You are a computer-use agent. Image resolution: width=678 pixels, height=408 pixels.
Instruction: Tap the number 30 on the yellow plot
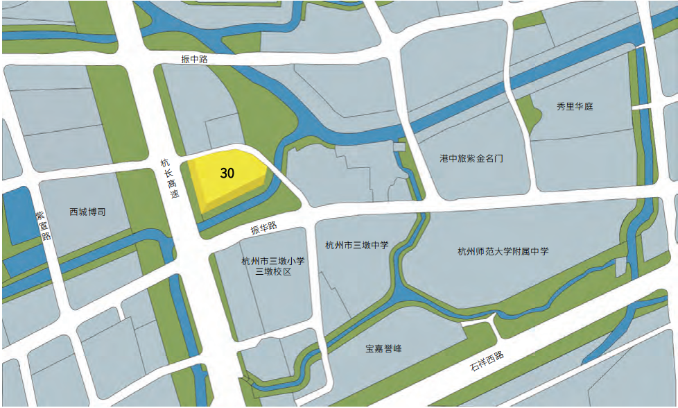(x=227, y=173)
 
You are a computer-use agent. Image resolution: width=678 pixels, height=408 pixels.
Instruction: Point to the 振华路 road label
(x=263, y=227)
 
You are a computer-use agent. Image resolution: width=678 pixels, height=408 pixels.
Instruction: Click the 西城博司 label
(x=87, y=211)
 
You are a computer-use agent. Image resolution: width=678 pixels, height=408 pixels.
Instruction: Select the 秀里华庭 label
(x=575, y=107)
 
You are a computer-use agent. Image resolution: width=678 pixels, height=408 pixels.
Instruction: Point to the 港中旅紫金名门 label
(x=471, y=158)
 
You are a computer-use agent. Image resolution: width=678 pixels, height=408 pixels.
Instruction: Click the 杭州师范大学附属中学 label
(x=503, y=251)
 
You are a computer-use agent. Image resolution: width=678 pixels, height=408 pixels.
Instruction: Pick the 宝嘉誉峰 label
(x=383, y=348)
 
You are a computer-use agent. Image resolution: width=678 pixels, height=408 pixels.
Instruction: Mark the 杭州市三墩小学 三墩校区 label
(x=272, y=266)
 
